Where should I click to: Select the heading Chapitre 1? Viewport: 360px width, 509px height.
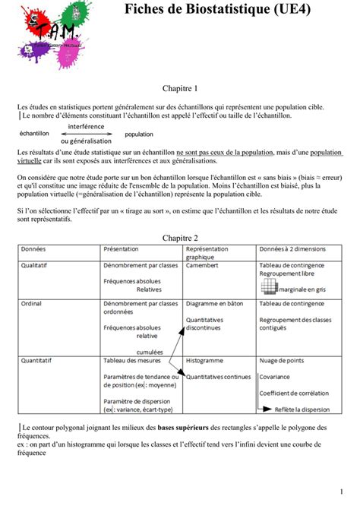coord(180,89)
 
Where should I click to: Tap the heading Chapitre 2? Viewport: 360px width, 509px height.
coord(180,238)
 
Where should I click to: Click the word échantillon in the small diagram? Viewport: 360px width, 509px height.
coord(34,133)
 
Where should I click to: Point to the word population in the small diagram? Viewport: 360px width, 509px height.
coord(139,134)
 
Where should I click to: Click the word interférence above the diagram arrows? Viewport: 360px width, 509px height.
coord(86,125)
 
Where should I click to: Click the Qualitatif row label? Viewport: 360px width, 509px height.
coord(36,266)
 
